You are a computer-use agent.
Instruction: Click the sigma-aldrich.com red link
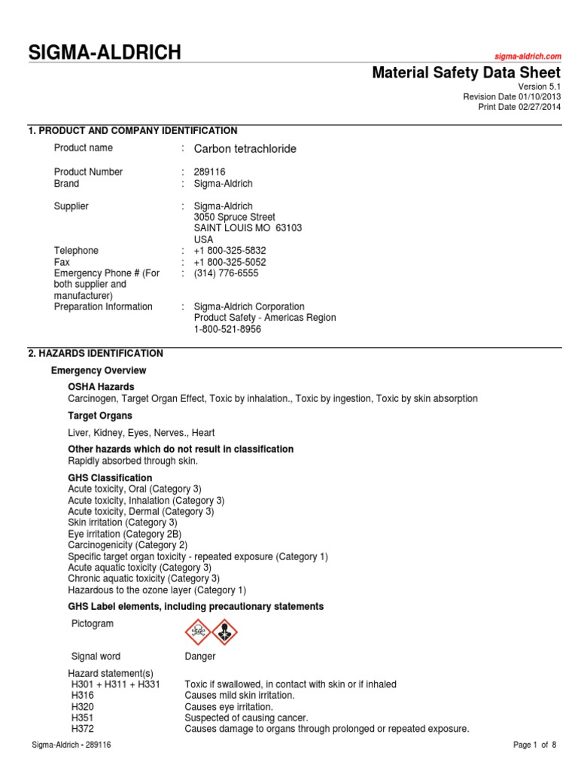(x=528, y=56)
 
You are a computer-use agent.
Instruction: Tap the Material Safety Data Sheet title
(x=467, y=72)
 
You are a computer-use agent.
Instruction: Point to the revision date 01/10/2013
(x=537, y=96)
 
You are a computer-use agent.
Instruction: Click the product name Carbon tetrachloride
(x=245, y=149)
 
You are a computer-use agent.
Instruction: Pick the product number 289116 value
(x=209, y=172)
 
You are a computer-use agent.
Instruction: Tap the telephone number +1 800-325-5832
(x=230, y=251)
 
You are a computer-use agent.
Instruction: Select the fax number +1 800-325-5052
(x=230, y=262)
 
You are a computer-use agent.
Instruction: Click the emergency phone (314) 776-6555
(x=226, y=273)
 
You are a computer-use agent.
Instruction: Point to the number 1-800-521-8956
(x=227, y=329)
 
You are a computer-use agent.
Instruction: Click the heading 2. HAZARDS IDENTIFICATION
(x=96, y=353)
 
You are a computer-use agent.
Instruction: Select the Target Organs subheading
(x=100, y=416)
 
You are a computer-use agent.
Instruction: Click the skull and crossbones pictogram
(x=198, y=631)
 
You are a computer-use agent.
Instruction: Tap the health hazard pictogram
(x=224, y=631)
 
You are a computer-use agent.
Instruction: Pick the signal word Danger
(x=200, y=657)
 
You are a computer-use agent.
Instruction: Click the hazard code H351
(x=83, y=718)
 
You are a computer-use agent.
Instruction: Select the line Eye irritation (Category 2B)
(x=124, y=534)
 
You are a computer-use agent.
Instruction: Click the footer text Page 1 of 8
(x=534, y=745)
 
